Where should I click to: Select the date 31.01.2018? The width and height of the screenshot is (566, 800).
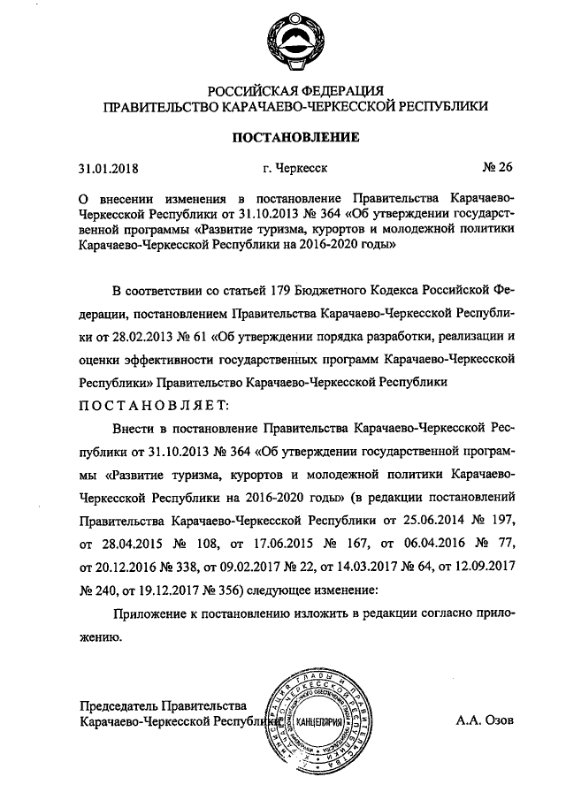click(109, 166)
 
